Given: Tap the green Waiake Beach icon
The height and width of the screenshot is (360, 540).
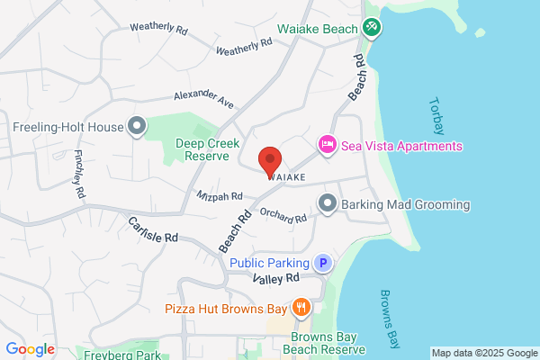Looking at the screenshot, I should coord(371,29).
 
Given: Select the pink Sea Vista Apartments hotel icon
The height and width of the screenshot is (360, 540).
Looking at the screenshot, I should coord(327,145).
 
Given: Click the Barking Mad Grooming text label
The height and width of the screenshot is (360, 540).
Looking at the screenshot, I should coord(406,205).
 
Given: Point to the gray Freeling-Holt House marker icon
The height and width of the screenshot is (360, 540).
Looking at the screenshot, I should coord(137,126).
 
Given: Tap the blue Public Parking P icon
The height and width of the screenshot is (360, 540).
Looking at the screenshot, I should coord(322,263).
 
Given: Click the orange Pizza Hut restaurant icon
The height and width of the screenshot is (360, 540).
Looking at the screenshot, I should coord(301,307).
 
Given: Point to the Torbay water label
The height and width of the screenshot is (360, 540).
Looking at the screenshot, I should coord(438,116).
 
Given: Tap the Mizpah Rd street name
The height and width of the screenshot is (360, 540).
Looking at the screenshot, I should coord(220,195).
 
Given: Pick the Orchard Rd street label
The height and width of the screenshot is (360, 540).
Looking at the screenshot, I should coord(283,214).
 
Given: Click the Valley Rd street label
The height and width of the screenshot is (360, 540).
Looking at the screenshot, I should coord(275,280).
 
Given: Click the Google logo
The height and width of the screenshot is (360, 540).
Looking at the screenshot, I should coord(30,349).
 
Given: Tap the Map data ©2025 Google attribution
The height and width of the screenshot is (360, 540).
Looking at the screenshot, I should coord(483,353).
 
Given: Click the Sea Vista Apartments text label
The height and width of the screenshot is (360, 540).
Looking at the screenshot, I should coord(401,146).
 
